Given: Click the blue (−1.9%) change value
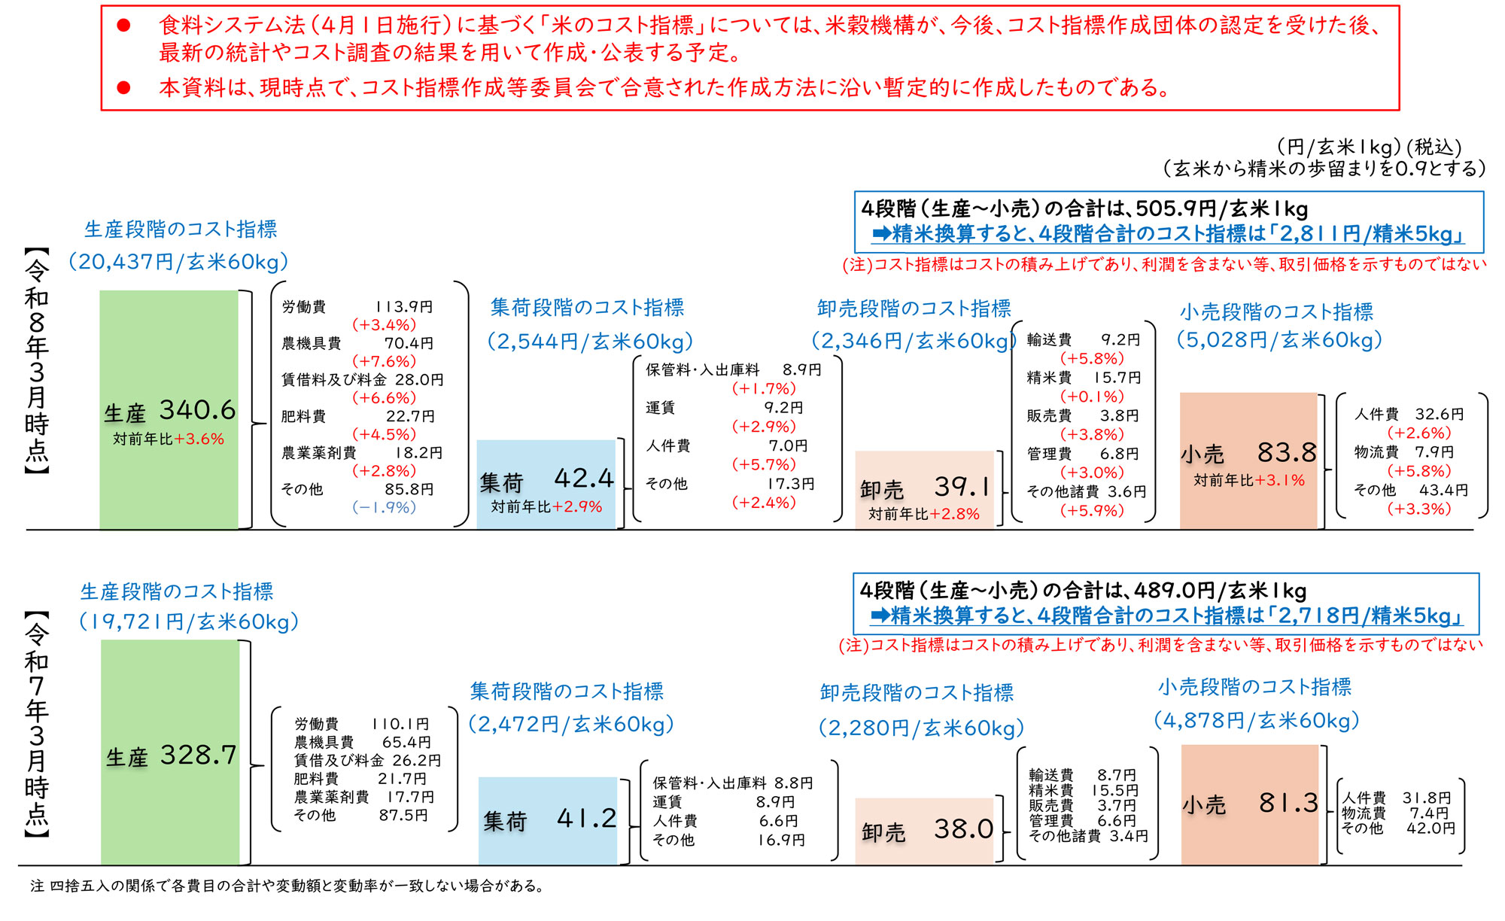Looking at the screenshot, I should point(384,507).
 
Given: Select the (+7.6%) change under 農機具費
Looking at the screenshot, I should point(384,361).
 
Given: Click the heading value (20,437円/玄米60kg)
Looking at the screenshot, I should point(178,262).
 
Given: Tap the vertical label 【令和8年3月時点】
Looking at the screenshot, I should point(36,361).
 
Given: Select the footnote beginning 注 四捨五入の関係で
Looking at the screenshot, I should point(286,886).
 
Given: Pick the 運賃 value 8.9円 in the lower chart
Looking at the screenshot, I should point(775,802).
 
